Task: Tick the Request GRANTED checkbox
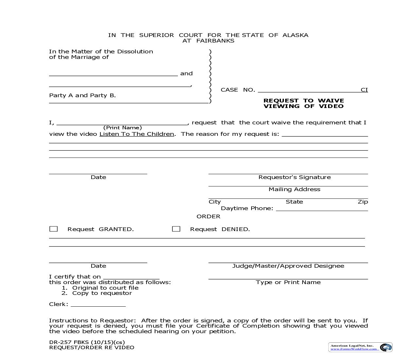click(x=53, y=229)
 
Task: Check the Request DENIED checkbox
click(x=176, y=229)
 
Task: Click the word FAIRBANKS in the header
click(x=215, y=41)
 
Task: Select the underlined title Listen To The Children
click(x=137, y=134)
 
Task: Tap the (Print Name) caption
click(x=122, y=128)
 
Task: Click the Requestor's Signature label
click(x=294, y=177)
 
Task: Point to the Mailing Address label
click(x=294, y=189)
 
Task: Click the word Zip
click(x=363, y=202)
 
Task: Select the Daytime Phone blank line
click(x=322, y=209)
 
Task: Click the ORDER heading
click(x=208, y=216)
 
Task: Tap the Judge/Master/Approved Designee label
click(x=288, y=266)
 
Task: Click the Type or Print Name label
click(x=288, y=282)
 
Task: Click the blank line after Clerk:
click(x=98, y=305)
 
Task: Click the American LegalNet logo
click(x=360, y=347)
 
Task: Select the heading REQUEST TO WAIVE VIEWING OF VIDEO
click(x=304, y=103)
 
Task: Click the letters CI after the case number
click(x=364, y=90)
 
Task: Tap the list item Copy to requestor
click(x=102, y=293)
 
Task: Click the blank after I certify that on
click(x=131, y=277)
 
